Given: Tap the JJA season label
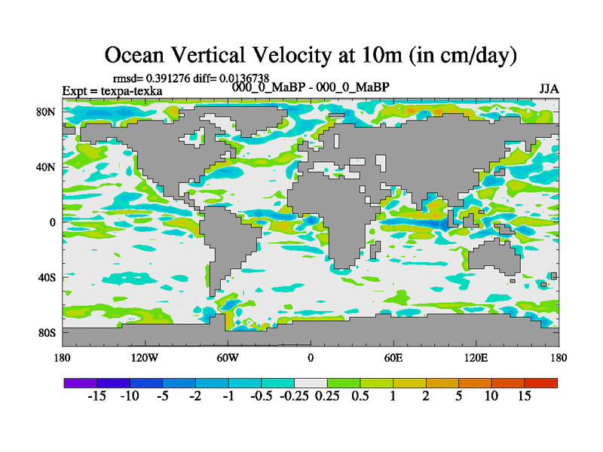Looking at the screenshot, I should pyautogui.click(x=549, y=88).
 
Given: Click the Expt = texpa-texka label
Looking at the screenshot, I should pyautogui.click(x=112, y=91).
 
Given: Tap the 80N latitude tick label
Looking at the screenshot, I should pyautogui.click(x=47, y=111).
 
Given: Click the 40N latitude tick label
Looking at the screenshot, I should pyautogui.click(x=47, y=166).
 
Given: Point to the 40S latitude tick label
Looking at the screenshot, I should pyautogui.click(x=47, y=277).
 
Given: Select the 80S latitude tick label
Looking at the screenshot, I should pyautogui.click(x=47, y=332).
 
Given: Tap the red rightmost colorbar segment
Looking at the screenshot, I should pyautogui.click(x=541, y=383).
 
